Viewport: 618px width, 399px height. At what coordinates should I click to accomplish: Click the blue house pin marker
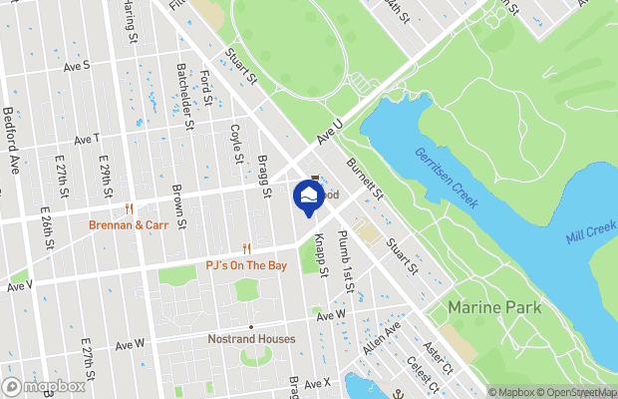[310, 195]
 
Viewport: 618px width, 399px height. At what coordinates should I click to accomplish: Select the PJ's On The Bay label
[246, 265]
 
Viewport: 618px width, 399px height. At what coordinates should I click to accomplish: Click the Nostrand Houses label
[251, 339]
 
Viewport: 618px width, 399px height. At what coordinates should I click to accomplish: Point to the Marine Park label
[494, 307]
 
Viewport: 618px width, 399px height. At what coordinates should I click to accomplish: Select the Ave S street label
[77, 65]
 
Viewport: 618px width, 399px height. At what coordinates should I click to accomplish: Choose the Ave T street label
[87, 138]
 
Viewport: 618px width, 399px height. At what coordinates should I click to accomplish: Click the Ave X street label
[317, 383]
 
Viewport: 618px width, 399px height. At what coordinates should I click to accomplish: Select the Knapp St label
[321, 252]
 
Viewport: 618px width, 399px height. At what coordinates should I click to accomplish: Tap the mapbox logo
[45, 386]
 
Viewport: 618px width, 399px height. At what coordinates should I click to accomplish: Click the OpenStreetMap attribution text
[564, 392]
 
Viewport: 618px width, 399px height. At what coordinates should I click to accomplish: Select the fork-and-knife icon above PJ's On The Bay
[246, 249]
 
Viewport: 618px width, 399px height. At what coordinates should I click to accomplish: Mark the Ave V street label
[19, 285]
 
